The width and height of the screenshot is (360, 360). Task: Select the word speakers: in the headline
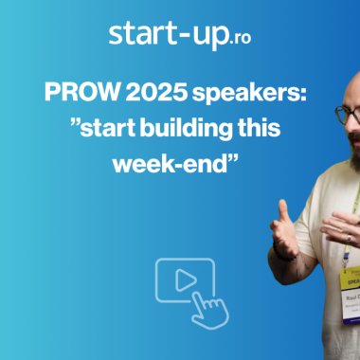point(248,95)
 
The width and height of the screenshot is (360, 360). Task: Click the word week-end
point(177,162)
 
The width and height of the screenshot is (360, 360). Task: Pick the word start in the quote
point(100,129)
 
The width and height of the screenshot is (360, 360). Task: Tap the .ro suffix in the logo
point(242,39)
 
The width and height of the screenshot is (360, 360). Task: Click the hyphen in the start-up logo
point(187,37)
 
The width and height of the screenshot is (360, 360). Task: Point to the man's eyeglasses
point(349,114)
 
